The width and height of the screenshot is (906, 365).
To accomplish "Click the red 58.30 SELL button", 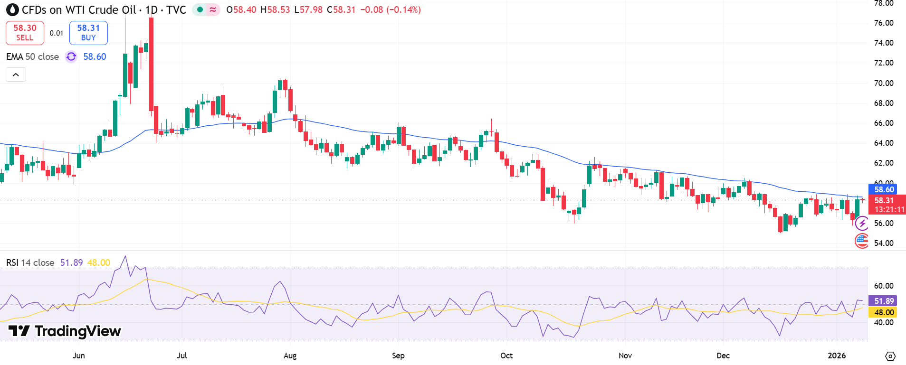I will click(x=25, y=33).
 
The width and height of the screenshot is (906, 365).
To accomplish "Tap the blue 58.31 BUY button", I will click(x=88, y=33).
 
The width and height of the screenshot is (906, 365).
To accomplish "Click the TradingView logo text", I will click(x=65, y=331).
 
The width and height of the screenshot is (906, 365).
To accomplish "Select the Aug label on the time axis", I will click(x=290, y=356).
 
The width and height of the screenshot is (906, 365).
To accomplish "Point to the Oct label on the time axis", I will click(x=506, y=356).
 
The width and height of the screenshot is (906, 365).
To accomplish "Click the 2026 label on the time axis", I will click(x=837, y=356).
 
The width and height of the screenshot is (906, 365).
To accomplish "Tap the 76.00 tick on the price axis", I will click(x=884, y=23).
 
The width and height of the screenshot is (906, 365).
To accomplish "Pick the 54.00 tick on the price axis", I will click(x=884, y=243).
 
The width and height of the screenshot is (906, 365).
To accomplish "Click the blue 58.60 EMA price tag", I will click(x=884, y=189).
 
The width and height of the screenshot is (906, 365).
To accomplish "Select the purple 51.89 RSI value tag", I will click(x=884, y=301).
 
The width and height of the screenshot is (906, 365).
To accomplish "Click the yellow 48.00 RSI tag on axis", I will click(x=884, y=312).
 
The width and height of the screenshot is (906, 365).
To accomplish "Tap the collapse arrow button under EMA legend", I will click(x=16, y=75).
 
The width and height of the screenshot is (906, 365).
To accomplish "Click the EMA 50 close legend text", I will click(x=32, y=56).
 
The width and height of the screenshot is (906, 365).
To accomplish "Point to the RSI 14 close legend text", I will click(x=30, y=262).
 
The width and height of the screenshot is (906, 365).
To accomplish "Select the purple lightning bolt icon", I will click(x=862, y=223).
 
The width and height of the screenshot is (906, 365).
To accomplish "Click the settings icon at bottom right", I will click(x=890, y=356).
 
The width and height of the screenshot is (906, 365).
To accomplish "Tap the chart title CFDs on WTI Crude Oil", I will click(x=79, y=9).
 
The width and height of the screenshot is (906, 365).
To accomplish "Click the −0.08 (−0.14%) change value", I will click(x=390, y=9).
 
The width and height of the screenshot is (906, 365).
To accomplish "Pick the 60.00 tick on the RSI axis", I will click(x=884, y=286).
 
